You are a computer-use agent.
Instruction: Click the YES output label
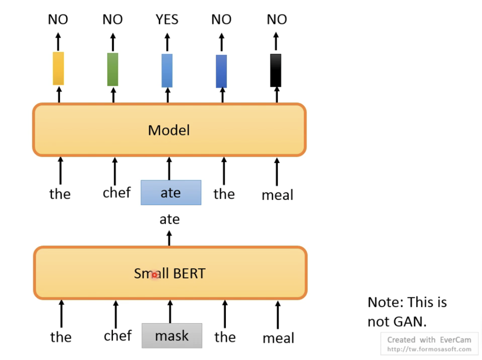(x=167, y=19)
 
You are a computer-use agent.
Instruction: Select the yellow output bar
(x=58, y=68)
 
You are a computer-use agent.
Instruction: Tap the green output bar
(x=112, y=69)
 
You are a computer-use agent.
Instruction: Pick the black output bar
(x=275, y=70)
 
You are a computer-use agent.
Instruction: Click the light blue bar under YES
(x=167, y=70)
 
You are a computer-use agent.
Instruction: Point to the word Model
(x=168, y=130)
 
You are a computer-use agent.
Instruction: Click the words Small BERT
(x=169, y=274)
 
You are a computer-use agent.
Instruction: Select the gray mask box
(x=172, y=336)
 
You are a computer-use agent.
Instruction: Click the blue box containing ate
(x=171, y=192)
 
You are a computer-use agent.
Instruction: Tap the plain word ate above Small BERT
(x=169, y=219)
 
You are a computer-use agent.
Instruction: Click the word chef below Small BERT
(x=118, y=336)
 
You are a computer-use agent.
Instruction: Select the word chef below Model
(x=117, y=192)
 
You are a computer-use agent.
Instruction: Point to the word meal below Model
(x=277, y=195)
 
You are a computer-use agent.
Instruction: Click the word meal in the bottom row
(x=278, y=338)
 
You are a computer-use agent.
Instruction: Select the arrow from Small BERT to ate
(x=169, y=238)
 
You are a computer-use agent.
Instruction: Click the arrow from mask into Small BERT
(x=170, y=311)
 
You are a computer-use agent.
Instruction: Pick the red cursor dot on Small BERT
(x=155, y=275)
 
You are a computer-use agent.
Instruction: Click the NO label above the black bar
(x=276, y=19)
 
